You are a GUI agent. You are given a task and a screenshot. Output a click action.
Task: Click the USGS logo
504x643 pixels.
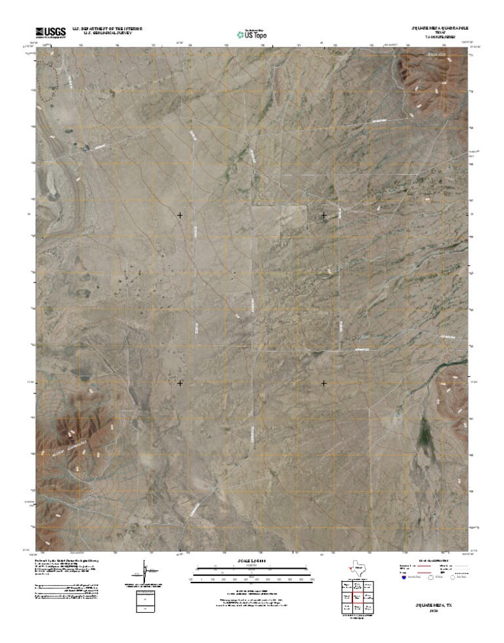pos(51,32)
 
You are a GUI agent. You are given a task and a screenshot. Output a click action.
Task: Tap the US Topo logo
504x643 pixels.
pos(252,33)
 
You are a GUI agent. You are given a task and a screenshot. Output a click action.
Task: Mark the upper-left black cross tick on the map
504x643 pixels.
pos(180,215)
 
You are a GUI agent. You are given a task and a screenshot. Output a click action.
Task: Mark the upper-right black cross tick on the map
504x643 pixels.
pos(324,215)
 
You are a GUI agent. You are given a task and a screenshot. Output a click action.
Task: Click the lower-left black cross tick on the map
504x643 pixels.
pos(180,383)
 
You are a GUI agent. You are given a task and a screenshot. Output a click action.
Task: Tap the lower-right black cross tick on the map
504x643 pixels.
pos(324,383)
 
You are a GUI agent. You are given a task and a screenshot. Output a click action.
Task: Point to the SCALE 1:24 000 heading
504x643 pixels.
pos(252,562)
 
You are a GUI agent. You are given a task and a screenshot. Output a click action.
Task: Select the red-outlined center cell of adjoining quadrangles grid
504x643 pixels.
pos(358,598)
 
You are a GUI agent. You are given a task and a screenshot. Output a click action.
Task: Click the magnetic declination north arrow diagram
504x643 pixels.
pos(145,571)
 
